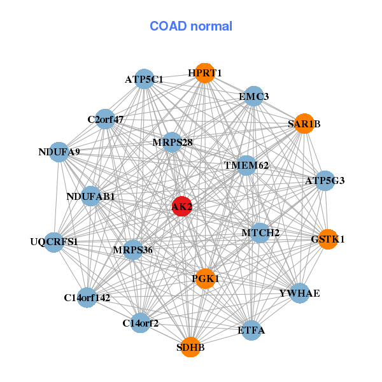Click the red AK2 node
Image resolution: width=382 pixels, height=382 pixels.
coord(181,206)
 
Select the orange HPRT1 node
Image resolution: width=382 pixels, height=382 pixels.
coord(205,73)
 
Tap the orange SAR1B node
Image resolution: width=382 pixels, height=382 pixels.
coord(304,124)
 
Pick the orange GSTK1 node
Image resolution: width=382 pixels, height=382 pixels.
coord(328,239)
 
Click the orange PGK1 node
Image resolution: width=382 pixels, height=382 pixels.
coord(206,279)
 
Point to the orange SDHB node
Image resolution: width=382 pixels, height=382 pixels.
coord(190,347)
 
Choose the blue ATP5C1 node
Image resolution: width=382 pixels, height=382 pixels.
coord(145,79)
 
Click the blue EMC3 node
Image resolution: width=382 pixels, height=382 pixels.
coord(254,96)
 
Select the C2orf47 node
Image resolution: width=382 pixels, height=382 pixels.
coord(105,119)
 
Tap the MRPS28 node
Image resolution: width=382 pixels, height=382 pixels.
coord(172,142)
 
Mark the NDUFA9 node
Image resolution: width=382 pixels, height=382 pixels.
coord(59,152)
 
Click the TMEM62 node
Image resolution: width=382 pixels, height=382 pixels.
coord(246,166)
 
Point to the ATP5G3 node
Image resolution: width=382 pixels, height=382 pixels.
coord(325,181)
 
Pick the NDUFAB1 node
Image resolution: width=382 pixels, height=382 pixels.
coord(90,196)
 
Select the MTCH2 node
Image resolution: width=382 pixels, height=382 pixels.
coord(260,233)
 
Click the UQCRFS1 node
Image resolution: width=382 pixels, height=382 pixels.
coord(54,242)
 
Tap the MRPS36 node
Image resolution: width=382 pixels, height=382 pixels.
coord(133,250)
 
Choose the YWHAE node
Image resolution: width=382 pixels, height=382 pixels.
coord(300,293)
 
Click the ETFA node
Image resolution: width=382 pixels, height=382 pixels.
coord(251,330)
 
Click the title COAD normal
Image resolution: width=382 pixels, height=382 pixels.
coord(191,26)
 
